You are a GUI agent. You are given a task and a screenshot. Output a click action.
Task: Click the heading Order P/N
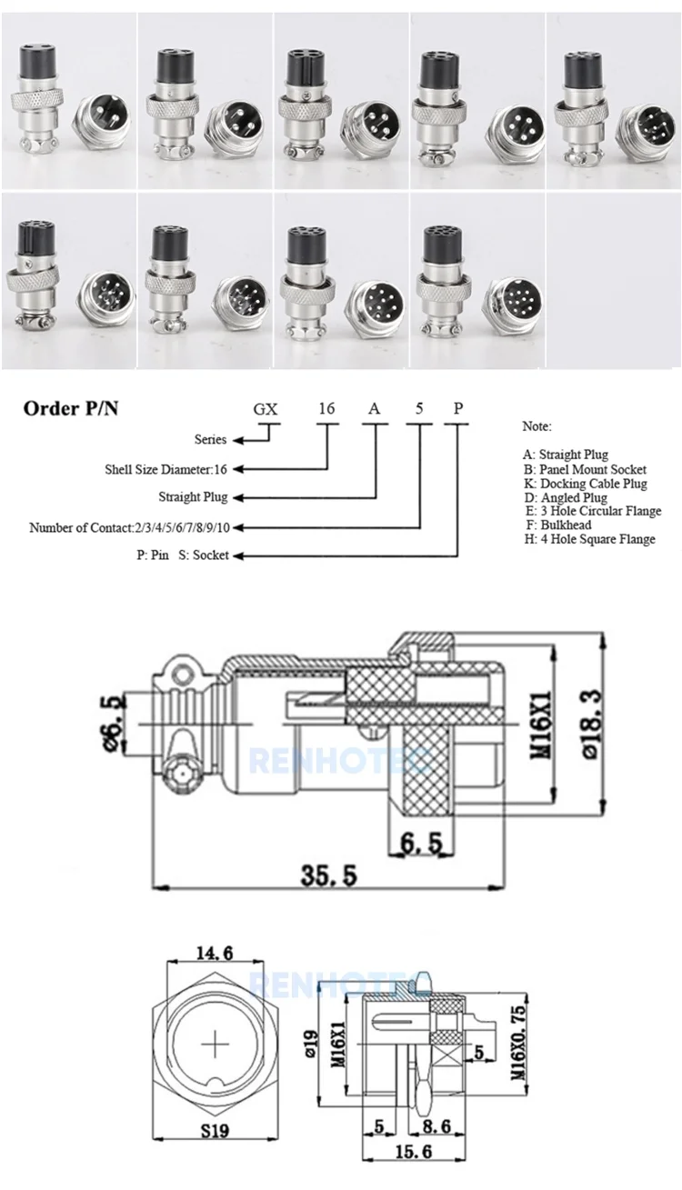pyautogui.click(x=70, y=408)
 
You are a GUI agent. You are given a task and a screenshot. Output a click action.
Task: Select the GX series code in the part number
pyautogui.click(x=266, y=408)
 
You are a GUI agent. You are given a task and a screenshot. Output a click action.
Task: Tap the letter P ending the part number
pyautogui.click(x=459, y=408)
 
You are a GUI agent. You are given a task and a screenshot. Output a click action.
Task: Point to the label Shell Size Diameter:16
pyautogui.click(x=165, y=470)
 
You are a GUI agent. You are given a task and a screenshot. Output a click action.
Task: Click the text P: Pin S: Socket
pyautogui.click(x=176, y=555)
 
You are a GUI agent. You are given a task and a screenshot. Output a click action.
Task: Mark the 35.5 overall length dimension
pyautogui.click(x=329, y=875)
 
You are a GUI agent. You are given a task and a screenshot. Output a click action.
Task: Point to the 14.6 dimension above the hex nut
pyautogui.click(x=216, y=952)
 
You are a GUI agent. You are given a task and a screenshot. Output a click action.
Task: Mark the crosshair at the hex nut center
pyautogui.click(x=216, y=1045)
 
